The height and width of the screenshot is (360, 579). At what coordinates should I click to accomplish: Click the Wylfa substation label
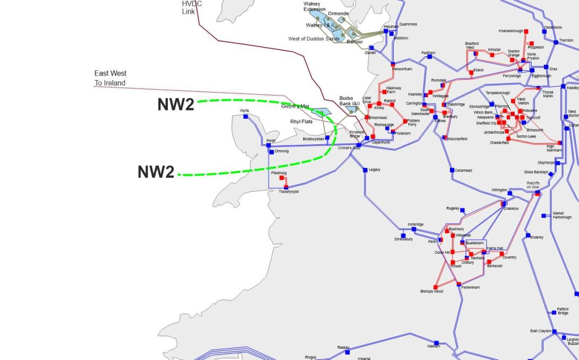(x=244, y=110)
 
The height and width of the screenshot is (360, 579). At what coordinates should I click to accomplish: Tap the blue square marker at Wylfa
(x=246, y=117)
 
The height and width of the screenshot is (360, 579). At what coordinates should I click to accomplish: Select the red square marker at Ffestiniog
(x=282, y=178)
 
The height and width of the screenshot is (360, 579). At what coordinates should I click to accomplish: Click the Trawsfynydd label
(x=289, y=192)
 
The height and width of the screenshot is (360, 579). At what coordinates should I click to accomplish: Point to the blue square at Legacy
(x=365, y=170)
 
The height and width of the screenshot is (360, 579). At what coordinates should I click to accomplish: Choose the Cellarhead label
(x=463, y=170)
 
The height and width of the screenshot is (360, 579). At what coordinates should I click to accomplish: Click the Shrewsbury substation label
(x=403, y=239)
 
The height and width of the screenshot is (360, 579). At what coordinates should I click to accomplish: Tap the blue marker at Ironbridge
(x=414, y=229)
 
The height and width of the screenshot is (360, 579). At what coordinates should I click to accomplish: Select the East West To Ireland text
(x=110, y=78)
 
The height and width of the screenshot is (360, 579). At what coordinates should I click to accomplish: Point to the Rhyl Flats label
(x=301, y=122)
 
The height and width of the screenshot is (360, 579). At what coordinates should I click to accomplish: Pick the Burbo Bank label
(x=350, y=101)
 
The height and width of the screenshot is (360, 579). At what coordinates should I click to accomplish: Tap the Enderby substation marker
(x=528, y=235)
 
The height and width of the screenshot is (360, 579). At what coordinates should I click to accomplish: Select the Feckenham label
(x=470, y=287)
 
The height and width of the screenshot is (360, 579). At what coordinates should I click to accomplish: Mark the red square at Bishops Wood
(x=436, y=287)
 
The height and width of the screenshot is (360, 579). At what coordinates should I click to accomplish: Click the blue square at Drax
(x=546, y=67)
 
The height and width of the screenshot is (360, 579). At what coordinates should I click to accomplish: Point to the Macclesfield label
(x=457, y=139)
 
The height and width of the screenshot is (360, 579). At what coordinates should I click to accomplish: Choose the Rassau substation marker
(x=347, y=352)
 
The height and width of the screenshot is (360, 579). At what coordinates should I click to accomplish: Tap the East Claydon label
(x=541, y=331)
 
